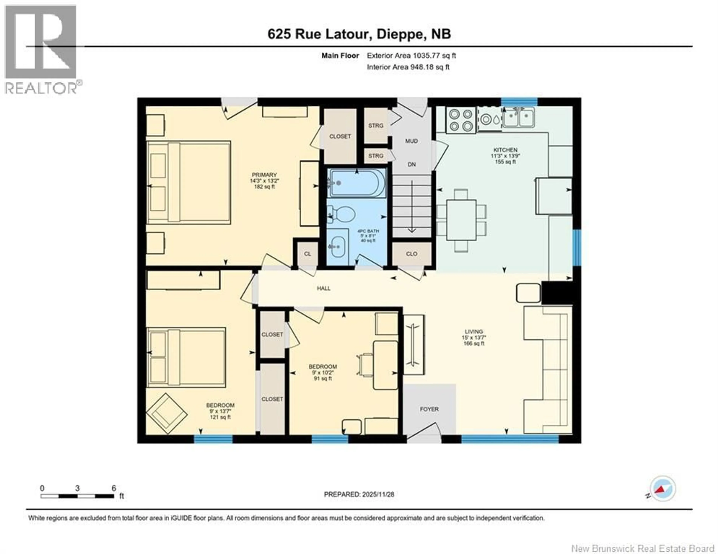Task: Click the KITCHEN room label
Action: tap(505, 150)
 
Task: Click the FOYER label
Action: tap(429, 409)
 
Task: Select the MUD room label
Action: tap(411, 141)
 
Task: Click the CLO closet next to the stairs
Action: tap(412, 254)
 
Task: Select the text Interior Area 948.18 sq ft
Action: tap(408, 67)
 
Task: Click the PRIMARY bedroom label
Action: tap(264, 175)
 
